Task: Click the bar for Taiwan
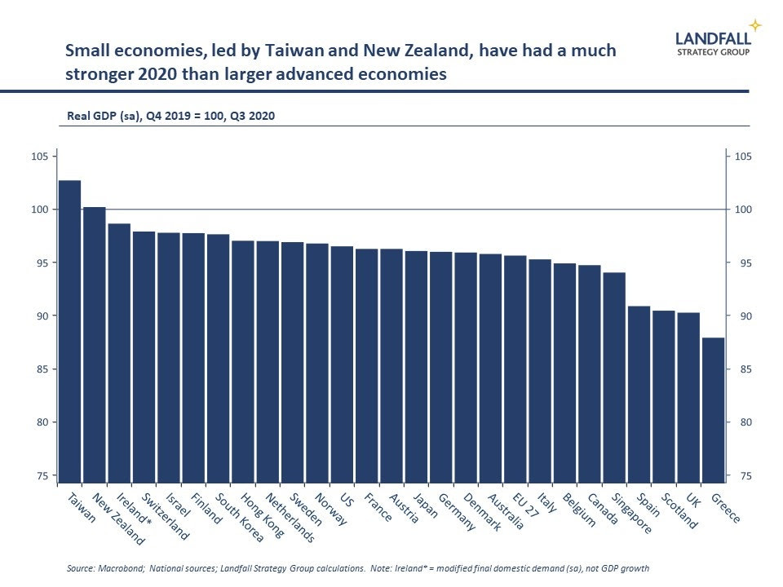[x=70, y=330]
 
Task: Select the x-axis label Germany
[x=457, y=512]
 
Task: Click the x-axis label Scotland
[x=679, y=511]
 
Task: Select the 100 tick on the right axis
[x=744, y=210]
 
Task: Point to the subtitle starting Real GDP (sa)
[x=170, y=116]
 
